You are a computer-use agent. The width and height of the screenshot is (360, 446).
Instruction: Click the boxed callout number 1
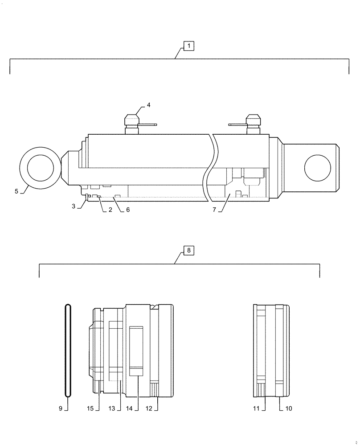[188, 45]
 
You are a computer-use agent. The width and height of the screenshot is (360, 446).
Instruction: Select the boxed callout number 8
[188, 251]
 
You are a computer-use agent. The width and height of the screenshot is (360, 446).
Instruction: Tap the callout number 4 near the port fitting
[149, 105]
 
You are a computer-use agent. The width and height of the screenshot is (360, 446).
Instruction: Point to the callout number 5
[16, 191]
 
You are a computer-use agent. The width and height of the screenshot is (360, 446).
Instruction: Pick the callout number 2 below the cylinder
[110, 210]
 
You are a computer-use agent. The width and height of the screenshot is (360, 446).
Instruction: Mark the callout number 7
[214, 210]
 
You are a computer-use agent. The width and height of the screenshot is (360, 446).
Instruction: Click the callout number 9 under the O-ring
[61, 408]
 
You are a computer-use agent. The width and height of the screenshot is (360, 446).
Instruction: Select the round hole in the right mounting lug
[317, 169]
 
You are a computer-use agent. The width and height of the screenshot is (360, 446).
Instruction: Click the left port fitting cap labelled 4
[132, 121]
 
